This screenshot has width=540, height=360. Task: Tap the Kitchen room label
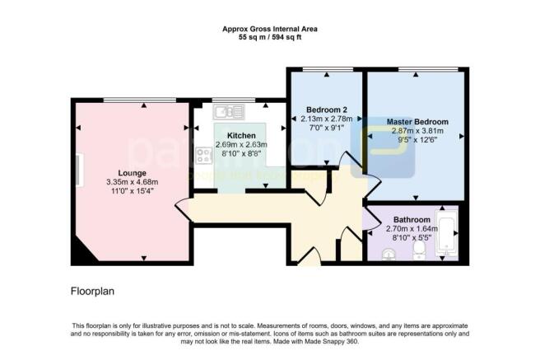point(241,135)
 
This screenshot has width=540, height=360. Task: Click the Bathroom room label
point(411,220)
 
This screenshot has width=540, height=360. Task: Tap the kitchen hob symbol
point(203,155)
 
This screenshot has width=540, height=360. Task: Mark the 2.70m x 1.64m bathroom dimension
point(411,229)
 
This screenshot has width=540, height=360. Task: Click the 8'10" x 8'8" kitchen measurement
point(241,154)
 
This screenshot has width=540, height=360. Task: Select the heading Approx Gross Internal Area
point(270,29)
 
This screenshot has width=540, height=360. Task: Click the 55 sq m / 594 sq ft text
point(270,38)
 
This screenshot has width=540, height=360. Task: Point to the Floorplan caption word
point(91,292)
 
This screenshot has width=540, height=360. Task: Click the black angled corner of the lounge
point(81,255)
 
